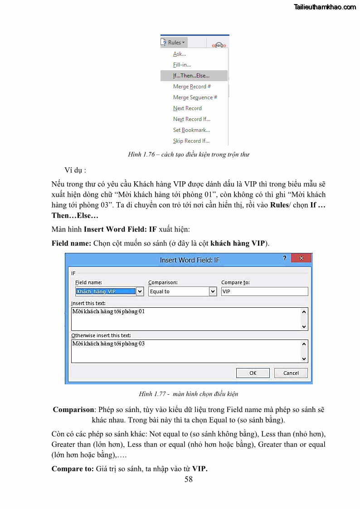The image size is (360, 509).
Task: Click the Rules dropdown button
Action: (174, 43)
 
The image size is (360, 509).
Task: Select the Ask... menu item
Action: (180, 54)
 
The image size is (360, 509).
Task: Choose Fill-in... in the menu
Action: (182, 65)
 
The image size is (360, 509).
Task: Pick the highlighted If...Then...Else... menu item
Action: (191, 76)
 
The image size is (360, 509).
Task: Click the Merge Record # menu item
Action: (192, 87)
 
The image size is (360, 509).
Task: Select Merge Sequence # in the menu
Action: (195, 97)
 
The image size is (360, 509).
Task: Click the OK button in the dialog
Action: (253, 373)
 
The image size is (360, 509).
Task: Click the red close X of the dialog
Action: (301, 258)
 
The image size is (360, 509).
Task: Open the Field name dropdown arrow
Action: (140, 291)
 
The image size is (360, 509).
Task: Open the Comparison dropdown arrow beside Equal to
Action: (213, 291)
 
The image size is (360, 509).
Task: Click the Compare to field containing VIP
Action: (264, 291)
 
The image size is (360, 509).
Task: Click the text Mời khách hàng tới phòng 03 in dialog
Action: (108, 344)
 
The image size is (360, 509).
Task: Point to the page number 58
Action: (189, 479)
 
